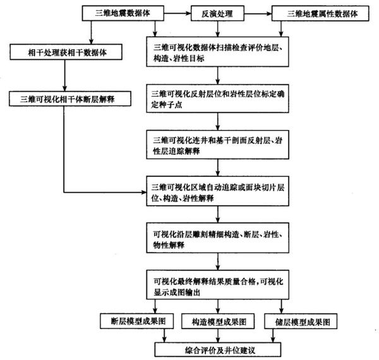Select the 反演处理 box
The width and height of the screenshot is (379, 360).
point(217,13)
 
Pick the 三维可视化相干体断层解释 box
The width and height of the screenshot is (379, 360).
point(65,99)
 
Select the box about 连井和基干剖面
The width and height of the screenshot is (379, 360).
point(217,145)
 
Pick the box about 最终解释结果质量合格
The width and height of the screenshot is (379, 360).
point(217,283)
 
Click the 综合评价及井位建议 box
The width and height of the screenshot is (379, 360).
point(218,348)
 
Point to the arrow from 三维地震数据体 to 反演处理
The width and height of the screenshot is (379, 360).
point(178,13)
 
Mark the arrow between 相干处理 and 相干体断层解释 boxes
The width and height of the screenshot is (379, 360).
point(65,76)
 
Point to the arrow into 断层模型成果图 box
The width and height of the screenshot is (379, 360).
point(135,308)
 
